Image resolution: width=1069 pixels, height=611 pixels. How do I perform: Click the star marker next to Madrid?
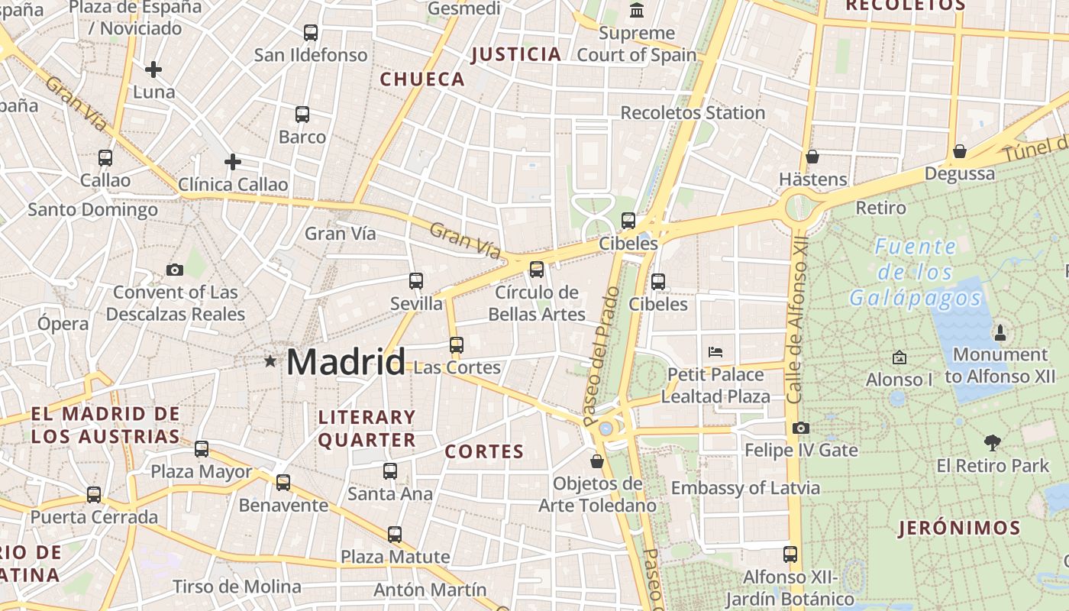click(x=270, y=360)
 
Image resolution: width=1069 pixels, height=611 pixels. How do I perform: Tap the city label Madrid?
click(x=346, y=361)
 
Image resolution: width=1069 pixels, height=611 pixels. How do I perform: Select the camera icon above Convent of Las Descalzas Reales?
click(x=175, y=270)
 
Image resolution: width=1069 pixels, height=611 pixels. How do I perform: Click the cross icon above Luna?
click(x=153, y=70)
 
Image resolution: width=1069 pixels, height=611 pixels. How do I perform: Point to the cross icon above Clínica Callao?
click(x=233, y=162)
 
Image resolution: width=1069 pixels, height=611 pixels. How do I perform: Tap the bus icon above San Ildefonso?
click(x=310, y=33)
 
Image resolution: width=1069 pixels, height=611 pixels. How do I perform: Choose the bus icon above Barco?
click(x=302, y=115)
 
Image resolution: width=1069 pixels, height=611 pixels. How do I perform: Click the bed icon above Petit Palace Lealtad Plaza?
click(x=715, y=352)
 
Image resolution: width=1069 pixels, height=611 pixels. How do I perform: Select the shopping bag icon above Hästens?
click(x=812, y=157)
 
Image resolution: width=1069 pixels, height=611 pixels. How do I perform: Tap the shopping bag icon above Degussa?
click(x=960, y=151)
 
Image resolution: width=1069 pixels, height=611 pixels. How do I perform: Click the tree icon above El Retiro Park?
click(x=993, y=442)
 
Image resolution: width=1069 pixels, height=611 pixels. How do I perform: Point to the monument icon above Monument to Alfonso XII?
click(x=1000, y=332)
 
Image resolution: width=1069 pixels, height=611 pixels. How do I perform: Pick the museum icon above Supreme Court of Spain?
click(x=636, y=11)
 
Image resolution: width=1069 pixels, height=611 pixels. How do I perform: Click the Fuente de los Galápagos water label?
click(x=916, y=272)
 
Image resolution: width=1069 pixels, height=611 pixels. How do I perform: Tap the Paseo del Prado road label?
click(x=601, y=356)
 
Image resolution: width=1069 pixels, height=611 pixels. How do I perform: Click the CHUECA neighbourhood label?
click(x=422, y=79)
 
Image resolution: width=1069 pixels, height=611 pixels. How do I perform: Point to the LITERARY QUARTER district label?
click(x=367, y=428)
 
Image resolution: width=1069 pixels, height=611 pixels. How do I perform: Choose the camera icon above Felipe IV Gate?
click(x=800, y=428)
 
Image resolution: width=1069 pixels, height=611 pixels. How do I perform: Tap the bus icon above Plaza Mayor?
click(x=202, y=449)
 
